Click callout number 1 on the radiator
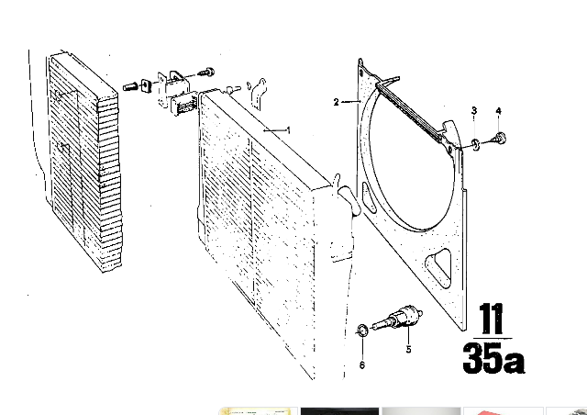(x=288, y=130)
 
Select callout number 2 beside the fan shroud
(x=337, y=102)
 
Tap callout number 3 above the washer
(x=474, y=110)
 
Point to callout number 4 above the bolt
(x=498, y=111)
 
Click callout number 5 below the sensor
(x=408, y=349)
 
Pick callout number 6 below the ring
(x=362, y=365)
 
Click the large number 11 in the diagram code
(x=492, y=319)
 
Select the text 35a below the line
(x=493, y=358)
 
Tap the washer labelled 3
(x=475, y=144)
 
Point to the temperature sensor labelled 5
(x=397, y=319)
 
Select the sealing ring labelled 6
(x=362, y=331)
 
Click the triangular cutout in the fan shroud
(x=439, y=267)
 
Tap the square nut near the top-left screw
(x=146, y=86)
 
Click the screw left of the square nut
(x=130, y=87)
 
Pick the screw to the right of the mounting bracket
(x=205, y=72)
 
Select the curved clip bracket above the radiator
(x=258, y=94)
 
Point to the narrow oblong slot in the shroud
(x=368, y=196)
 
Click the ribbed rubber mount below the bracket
(x=183, y=104)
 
